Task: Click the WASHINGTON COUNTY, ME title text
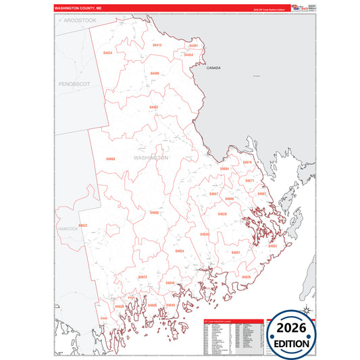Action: [77, 8]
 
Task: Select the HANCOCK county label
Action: [68, 229]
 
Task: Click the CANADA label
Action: [213, 68]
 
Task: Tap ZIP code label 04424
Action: [108, 52]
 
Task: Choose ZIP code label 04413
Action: [157, 45]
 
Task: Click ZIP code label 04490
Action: [155, 73]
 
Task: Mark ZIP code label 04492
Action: [154, 107]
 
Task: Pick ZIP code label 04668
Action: [110, 159]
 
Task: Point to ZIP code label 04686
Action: [154, 212]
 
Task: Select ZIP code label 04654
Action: [180, 251]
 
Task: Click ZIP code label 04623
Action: [143, 277]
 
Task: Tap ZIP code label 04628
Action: [222, 213]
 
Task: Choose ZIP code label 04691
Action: [236, 252]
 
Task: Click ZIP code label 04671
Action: [249, 180]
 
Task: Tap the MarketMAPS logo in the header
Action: [297, 7]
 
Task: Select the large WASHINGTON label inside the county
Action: [151, 157]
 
